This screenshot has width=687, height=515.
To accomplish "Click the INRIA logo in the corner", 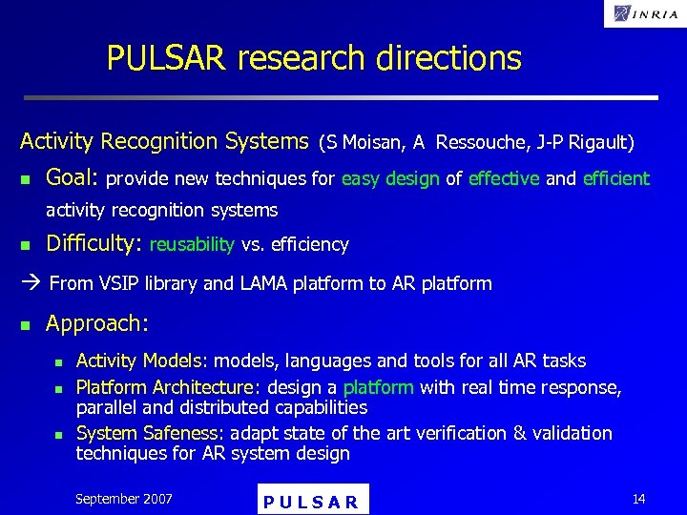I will pos(645,13).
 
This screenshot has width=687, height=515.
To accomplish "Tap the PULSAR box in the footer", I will pos(313,501).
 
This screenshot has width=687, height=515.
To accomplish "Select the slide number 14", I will pos(638,499).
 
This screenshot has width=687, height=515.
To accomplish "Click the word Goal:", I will pos(73,177).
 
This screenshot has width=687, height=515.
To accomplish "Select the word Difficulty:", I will pos(94,243).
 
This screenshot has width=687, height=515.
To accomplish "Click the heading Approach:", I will pos(96,323).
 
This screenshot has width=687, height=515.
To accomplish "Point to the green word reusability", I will pos(192,245).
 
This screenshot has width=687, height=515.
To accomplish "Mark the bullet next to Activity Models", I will pos(58,362).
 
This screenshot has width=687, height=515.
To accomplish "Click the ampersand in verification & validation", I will pos(520,433).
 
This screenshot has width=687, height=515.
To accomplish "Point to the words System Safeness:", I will pos(151,433).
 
